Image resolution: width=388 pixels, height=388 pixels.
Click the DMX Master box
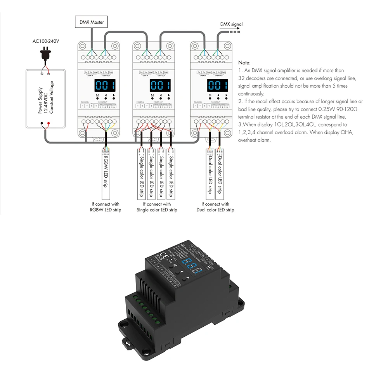click(92, 22)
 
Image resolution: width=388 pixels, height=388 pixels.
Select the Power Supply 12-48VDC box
click(45, 99)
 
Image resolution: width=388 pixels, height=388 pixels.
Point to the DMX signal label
click(231, 24)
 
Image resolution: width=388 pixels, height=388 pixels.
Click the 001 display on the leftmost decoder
click(105, 85)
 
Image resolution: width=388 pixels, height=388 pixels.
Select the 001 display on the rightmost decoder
click(217, 85)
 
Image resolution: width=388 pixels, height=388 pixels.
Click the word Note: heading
click(244, 62)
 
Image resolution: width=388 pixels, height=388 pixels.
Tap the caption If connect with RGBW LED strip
click(106, 207)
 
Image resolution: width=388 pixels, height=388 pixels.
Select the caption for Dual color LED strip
click(215, 207)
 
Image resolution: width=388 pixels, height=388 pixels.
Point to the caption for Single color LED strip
click(157, 207)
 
